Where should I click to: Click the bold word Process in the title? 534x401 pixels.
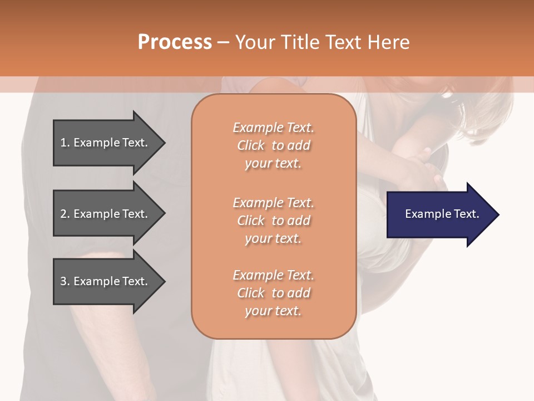pos(175,42)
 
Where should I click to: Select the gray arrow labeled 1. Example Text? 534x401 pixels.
pos(106,143)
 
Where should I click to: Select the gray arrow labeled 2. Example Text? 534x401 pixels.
pos(106,214)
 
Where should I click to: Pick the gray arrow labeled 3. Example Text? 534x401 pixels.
pos(106,281)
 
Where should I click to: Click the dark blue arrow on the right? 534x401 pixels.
pos(439,214)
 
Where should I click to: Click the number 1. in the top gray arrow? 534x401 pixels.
pos(65,143)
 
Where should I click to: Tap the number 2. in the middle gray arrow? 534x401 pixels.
pos(65,214)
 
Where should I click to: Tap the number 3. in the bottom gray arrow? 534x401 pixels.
pos(65,281)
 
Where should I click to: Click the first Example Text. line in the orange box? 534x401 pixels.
pos(273,128)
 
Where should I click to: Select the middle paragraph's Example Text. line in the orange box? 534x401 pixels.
pos(273,202)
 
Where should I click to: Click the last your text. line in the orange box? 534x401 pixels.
pos(273,311)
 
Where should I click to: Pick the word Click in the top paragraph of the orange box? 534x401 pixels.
pos(251,145)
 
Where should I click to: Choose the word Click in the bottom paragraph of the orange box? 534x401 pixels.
pos(251,293)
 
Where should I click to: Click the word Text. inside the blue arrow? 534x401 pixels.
pos(466,214)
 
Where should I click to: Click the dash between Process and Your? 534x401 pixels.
pos(223,43)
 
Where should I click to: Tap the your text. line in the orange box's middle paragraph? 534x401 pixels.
pos(273,238)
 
